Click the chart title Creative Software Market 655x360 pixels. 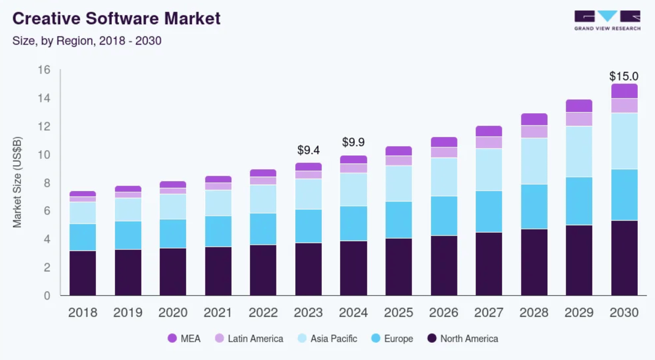pyautogui.click(x=117, y=19)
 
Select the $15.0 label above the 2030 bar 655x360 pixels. pyautogui.click(x=624, y=76)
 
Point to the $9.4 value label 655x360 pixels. pyautogui.click(x=308, y=150)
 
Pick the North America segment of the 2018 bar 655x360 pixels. pyautogui.click(x=83, y=273)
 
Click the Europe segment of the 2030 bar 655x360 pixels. pyautogui.click(x=624, y=194)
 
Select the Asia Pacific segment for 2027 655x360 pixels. pyautogui.click(x=489, y=169)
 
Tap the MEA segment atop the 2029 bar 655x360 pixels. pyautogui.click(x=579, y=106)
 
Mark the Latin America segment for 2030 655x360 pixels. pyautogui.click(x=624, y=105)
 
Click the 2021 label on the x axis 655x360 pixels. pyautogui.click(x=218, y=312)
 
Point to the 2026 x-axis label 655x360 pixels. pyautogui.click(x=444, y=312)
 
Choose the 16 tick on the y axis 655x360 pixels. pyautogui.click(x=44, y=70)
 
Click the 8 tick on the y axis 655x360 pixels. pyautogui.click(x=47, y=183)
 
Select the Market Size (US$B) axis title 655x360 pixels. pyautogui.click(x=17, y=182)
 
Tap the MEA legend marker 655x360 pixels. pyautogui.click(x=172, y=339)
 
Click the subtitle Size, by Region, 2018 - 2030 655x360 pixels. pyautogui.click(x=87, y=41)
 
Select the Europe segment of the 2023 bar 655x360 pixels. pyautogui.click(x=308, y=226)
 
